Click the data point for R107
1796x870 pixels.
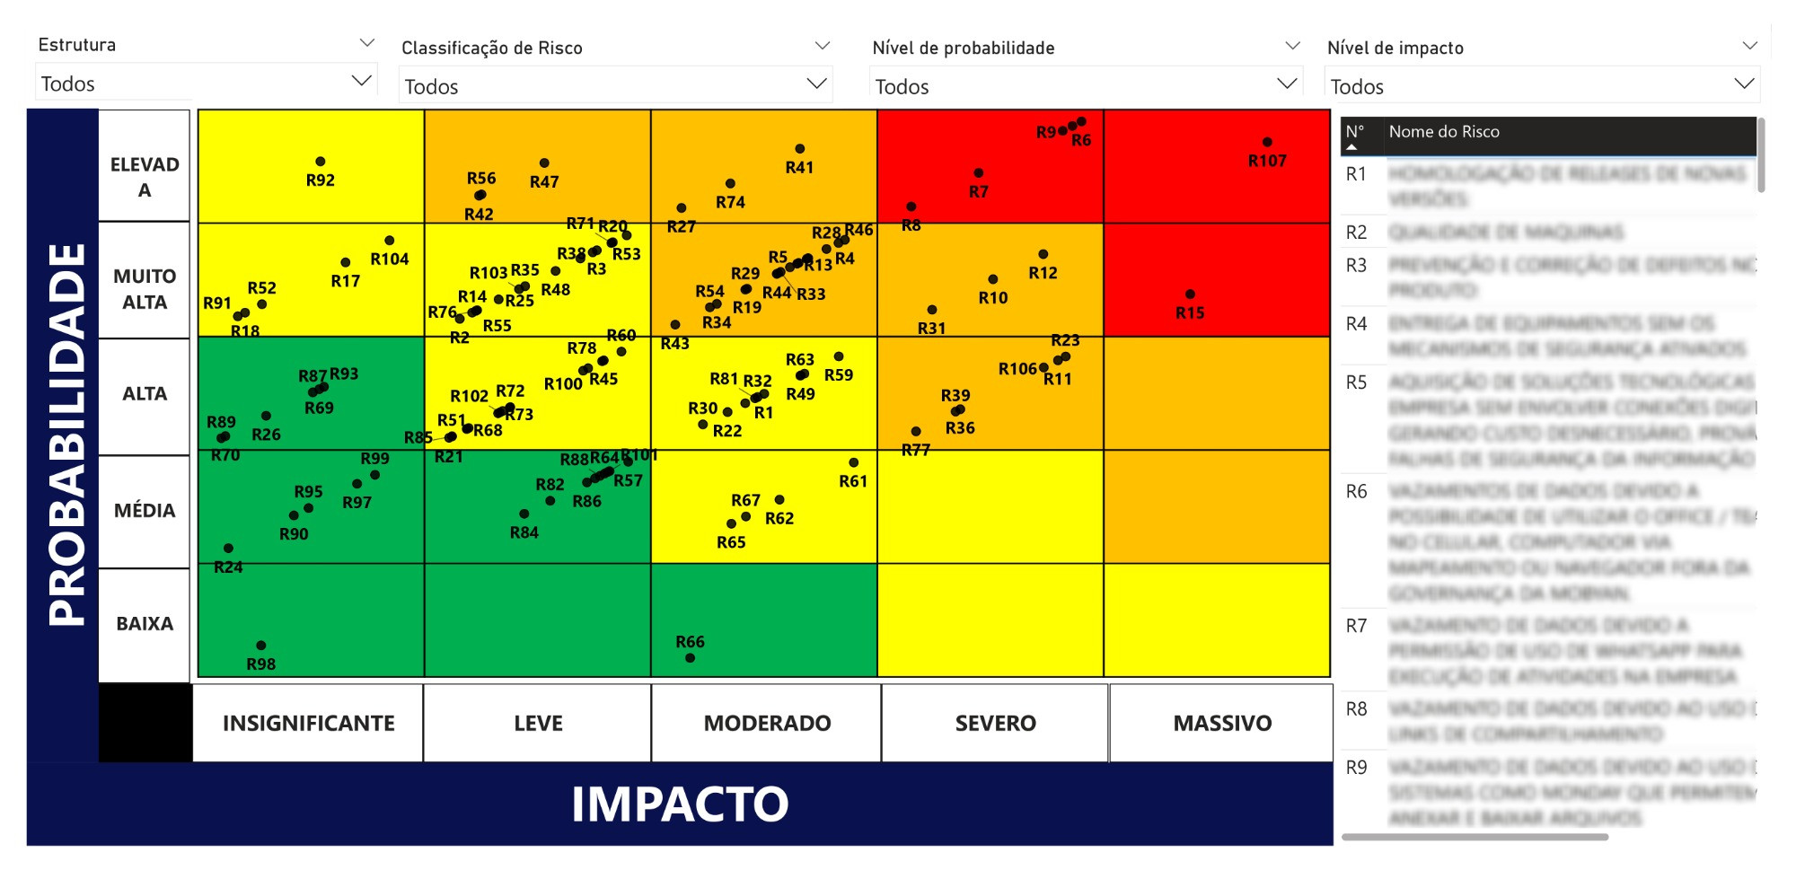click(x=1267, y=142)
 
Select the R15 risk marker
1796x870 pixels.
click(x=1190, y=294)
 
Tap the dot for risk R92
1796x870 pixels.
click(x=321, y=162)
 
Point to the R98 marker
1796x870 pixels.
click(x=261, y=646)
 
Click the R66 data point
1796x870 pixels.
click(x=690, y=658)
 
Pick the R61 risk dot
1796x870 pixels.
click(x=853, y=462)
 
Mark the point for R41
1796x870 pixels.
click(x=799, y=149)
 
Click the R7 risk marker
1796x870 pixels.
click(x=978, y=173)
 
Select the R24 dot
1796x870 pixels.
click(x=228, y=549)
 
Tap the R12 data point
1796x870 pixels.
click(x=1043, y=255)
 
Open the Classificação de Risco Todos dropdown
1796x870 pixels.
click(x=615, y=86)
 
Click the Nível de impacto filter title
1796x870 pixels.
click(x=1395, y=48)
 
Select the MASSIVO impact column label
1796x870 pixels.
click(x=1221, y=723)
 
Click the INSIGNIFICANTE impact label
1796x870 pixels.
click(x=308, y=723)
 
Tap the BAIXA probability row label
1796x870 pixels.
click(x=144, y=623)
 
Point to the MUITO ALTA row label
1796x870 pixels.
click(x=144, y=289)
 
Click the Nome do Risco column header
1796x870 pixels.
click(x=1443, y=132)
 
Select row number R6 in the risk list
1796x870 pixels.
click(x=1356, y=492)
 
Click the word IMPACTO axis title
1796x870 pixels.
click(x=680, y=804)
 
